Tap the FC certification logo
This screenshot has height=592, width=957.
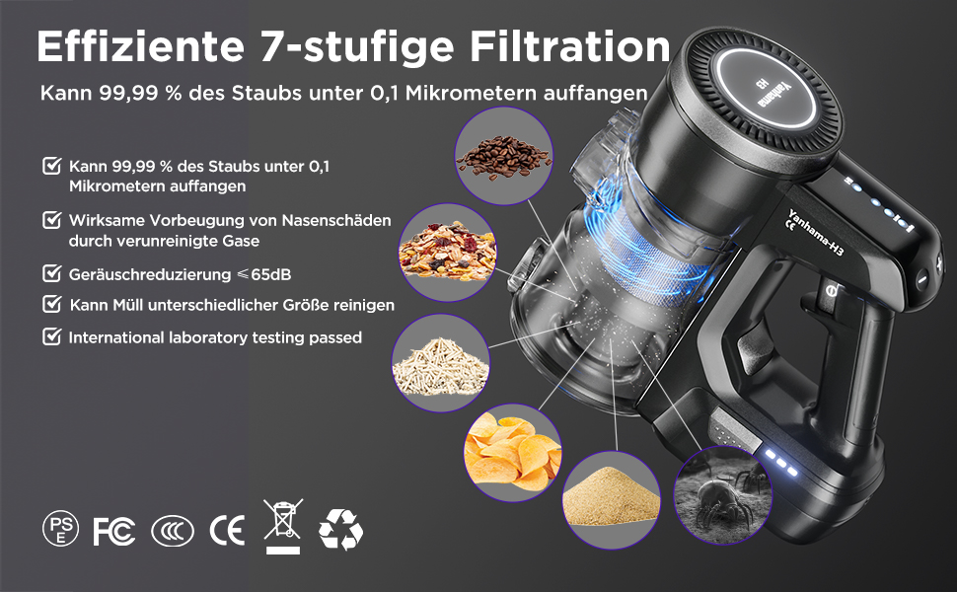[113, 531]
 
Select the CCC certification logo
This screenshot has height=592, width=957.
[172, 531]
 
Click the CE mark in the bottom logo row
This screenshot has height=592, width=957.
[227, 531]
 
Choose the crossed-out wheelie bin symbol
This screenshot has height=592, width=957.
[281, 526]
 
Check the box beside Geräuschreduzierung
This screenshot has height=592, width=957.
[51, 272]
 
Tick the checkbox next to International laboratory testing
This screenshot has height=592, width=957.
[51, 336]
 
